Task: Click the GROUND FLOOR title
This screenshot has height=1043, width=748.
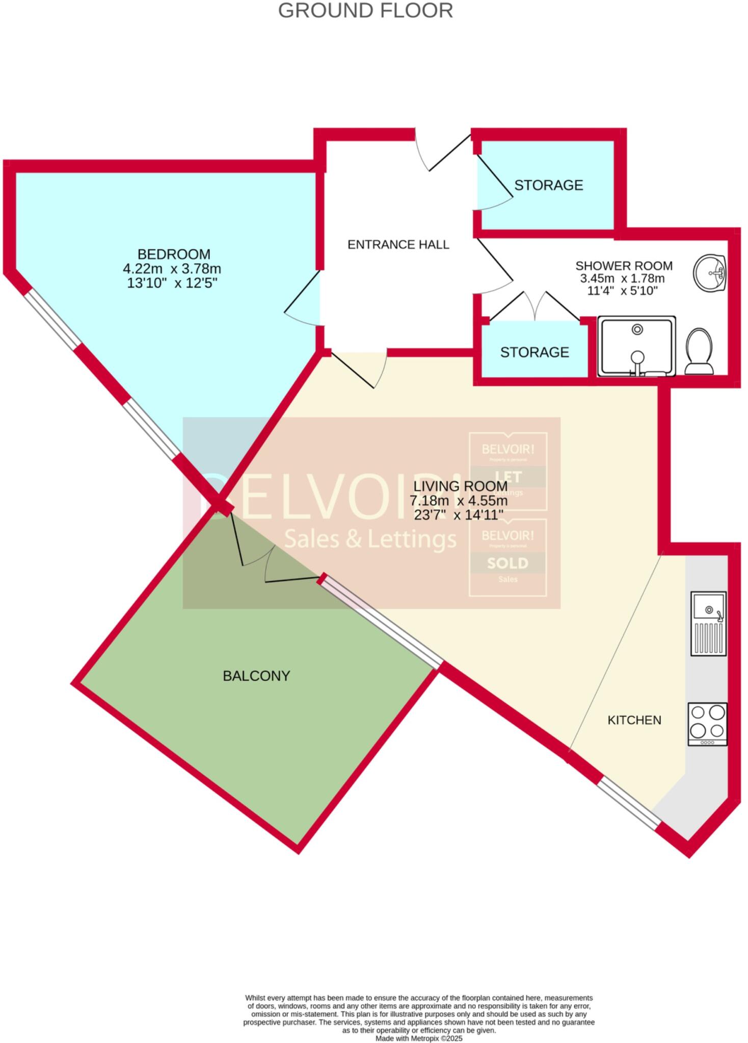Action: tap(365, 11)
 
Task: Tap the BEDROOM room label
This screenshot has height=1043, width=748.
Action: tap(174, 254)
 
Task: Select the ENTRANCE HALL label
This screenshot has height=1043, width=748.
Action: tap(398, 245)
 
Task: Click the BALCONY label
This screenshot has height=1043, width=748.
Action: tap(256, 676)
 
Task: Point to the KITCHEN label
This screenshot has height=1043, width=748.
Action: tap(634, 720)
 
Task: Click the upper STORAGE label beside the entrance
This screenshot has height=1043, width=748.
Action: tap(548, 185)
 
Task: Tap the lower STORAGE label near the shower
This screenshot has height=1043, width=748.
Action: tap(534, 352)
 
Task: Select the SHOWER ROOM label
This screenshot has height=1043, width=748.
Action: tap(624, 266)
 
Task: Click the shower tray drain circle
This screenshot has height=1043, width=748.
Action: tap(637, 330)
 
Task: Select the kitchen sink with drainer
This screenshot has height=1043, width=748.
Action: tap(708, 623)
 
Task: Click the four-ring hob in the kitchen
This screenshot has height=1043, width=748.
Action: tap(707, 724)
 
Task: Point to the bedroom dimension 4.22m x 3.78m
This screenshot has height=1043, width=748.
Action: tap(172, 268)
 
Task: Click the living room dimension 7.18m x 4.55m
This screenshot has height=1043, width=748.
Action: tap(459, 501)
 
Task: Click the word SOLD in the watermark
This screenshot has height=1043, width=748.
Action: tap(507, 563)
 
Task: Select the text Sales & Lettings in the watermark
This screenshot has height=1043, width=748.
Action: tap(370, 539)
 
